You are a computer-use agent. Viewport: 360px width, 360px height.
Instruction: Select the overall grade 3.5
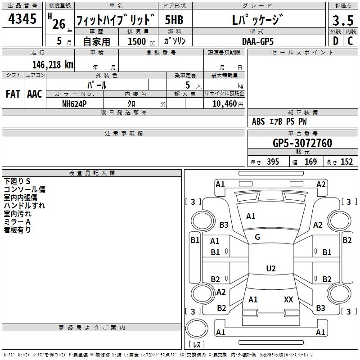click(x=342, y=20)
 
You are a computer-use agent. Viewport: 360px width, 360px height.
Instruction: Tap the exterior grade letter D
click(x=335, y=41)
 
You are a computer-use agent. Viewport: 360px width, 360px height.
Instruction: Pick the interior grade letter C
click(x=350, y=41)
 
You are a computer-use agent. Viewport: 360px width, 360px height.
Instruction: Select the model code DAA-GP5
click(x=257, y=41)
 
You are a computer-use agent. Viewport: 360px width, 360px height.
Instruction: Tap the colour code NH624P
click(x=75, y=103)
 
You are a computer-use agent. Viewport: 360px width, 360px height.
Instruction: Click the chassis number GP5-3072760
click(x=302, y=143)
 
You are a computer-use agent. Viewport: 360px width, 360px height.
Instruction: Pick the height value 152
click(x=346, y=162)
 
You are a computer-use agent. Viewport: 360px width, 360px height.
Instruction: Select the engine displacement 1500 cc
click(x=137, y=41)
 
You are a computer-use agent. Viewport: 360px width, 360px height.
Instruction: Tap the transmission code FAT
click(x=13, y=94)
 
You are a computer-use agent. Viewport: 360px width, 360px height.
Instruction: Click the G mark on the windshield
click(x=257, y=237)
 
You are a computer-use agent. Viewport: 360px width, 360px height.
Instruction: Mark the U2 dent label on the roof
click(x=270, y=269)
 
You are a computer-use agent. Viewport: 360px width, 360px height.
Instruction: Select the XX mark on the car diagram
click(x=288, y=299)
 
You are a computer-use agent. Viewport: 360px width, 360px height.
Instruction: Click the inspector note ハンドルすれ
click(x=24, y=206)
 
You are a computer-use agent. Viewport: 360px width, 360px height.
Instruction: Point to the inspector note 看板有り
click(x=18, y=230)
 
